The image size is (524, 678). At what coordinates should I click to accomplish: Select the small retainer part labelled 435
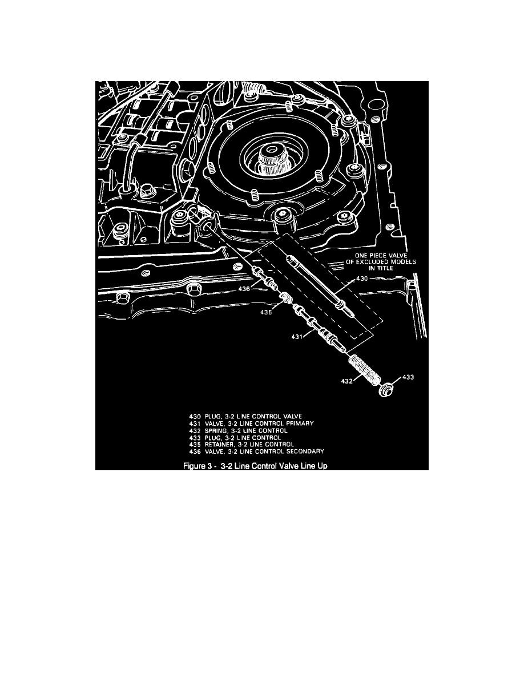pyautogui.click(x=285, y=297)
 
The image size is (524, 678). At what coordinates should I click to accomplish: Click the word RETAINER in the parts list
pyautogui.click(x=216, y=444)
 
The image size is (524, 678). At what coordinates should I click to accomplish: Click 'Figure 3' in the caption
pyautogui.click(x=198, y=465)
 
